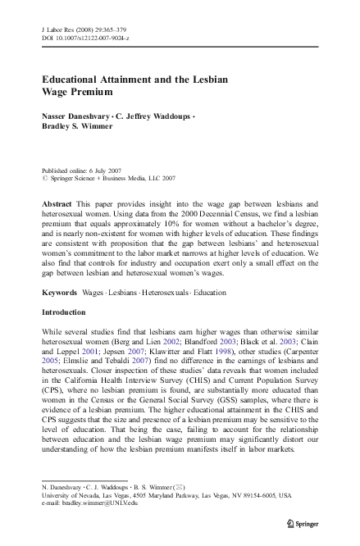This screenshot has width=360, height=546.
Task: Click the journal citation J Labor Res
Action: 59,28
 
